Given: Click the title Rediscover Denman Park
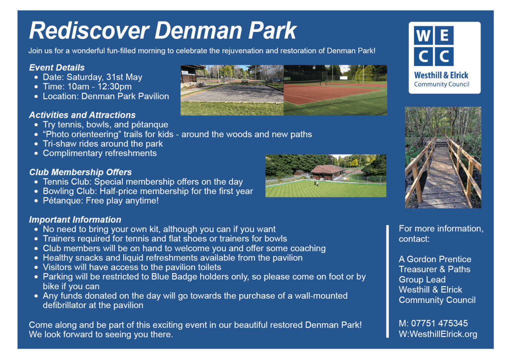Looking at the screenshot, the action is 163,30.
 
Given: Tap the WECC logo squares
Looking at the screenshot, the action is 434,45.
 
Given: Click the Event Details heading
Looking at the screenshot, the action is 57,67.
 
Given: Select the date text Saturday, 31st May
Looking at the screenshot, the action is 104,77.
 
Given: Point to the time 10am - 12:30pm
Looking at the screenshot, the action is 99,87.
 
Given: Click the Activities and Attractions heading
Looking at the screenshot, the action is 82,115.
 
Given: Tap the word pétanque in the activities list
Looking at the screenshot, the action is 150,125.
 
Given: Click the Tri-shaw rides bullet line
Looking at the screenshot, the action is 103,144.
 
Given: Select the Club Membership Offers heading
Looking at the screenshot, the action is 80,172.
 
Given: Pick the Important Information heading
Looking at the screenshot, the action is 75,220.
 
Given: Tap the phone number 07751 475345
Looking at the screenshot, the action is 439,324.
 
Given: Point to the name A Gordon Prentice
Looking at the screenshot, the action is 435,259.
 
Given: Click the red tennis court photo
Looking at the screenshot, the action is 335,90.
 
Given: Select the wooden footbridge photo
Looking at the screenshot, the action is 443,157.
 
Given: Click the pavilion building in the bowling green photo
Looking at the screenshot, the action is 327,172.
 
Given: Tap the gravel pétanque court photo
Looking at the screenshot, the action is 232,90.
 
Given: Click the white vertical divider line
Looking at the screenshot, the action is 387,282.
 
